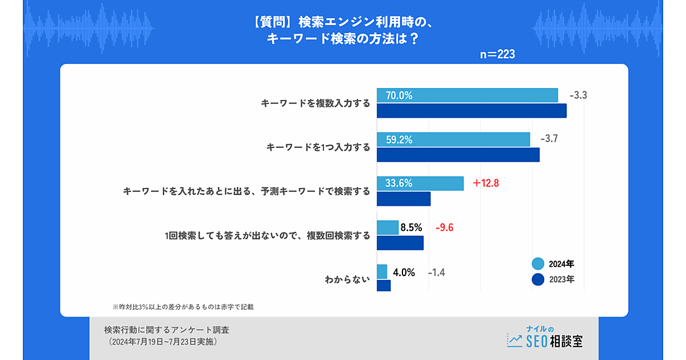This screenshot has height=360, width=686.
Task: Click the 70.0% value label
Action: pyautogui.click(x=399, y=95)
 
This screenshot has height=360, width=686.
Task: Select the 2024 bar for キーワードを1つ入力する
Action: pyautogui.click(x=453, y=139)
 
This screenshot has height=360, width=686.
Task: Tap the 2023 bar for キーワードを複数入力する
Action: pyautogui.click(x=471, y=110)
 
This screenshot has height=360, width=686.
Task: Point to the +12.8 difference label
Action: pyautogui.click(x=486, y=183)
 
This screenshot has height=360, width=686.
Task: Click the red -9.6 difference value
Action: pyautogui.click(x=444, y=227)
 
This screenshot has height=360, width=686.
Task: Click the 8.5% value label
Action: pyautogui.click(x=411, y=227)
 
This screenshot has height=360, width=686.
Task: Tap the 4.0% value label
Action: pyautogui.click(x=404, y=271)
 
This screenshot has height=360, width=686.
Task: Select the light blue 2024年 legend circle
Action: pyautogui.click(x=537, y=264)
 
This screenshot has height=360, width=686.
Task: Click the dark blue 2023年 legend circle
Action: pyautogui.click(x=537, y=279)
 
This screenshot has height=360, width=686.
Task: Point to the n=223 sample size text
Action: pyautogui.click(x=497, y=55)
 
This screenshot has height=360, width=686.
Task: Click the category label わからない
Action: pyautogui.click(x=348, y=279)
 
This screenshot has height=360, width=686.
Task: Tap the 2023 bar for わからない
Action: pyautogui.click(x=384, y=286)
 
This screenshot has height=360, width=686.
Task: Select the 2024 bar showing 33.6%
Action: pyautogui.click(x=420, y=183)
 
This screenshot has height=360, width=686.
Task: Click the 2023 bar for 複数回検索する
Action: pyautogui.click(x=400, y=243)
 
